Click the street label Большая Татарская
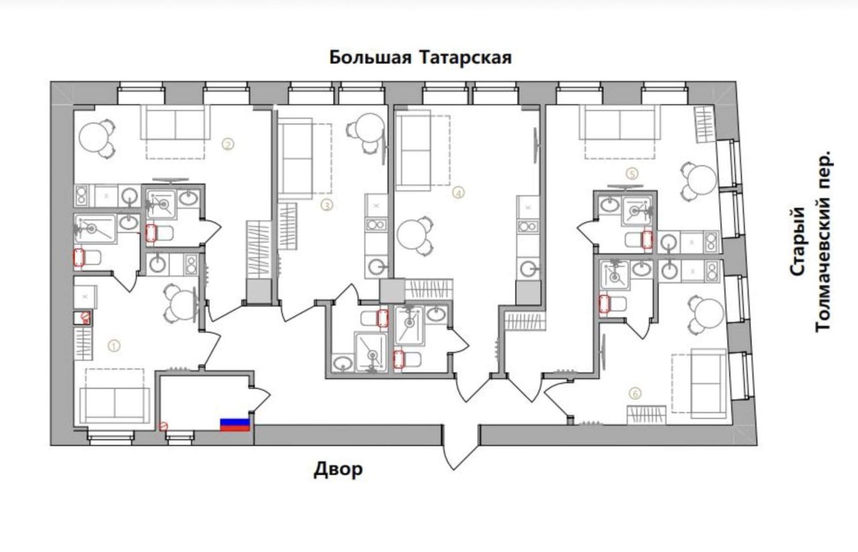[420, 58]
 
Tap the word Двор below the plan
[338, 470]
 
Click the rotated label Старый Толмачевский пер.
[810, 241]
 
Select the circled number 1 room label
[114, 346]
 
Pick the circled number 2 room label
[228, 144]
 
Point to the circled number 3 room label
[326, 206]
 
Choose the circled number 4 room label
[458, 192]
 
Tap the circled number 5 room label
[632, 174]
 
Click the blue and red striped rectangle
[235, 425]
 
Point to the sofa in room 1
[115, 405]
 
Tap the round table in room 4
[412, 234]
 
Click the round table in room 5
[702, 180]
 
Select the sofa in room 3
[295, 158]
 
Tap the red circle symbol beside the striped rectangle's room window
[164, 426]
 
